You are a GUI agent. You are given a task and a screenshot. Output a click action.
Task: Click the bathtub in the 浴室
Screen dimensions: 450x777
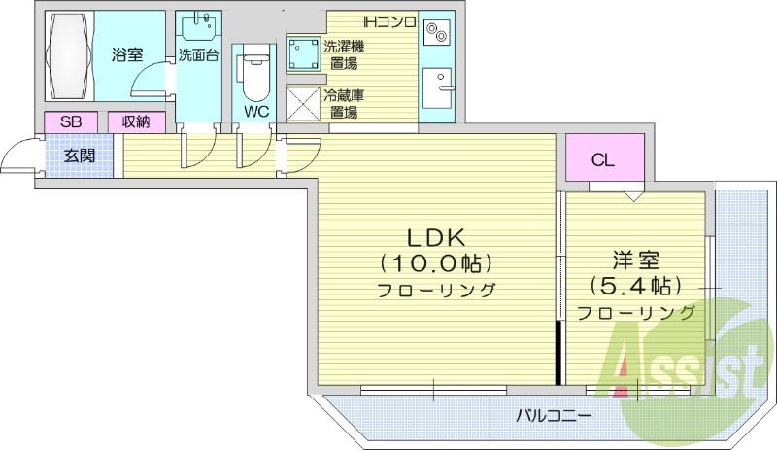click(68, 55)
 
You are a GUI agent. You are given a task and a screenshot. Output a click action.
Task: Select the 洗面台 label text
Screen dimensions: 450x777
click(197, 55)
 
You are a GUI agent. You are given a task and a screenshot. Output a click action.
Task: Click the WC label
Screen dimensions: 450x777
click(256, 111)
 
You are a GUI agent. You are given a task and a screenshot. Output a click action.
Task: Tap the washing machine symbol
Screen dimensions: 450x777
click(303, 52)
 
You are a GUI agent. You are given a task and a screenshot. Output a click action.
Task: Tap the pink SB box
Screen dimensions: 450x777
click(71, 122)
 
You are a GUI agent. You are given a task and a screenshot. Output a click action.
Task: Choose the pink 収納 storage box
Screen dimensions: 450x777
click(136, 122)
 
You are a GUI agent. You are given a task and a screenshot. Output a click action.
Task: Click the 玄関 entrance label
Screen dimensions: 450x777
click(79, 156)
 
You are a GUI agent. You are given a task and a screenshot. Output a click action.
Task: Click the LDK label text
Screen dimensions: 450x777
click(437, 236)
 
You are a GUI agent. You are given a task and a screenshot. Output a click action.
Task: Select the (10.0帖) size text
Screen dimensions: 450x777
click(437, 262)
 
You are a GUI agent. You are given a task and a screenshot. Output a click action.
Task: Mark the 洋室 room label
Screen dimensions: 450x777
click(635, 260)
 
